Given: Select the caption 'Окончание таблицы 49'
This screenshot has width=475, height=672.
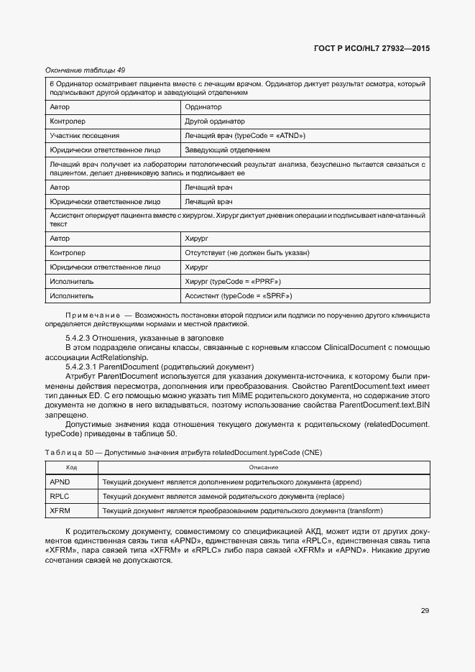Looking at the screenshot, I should (85, 70).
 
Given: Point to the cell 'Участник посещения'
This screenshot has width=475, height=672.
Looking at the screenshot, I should (84, 135).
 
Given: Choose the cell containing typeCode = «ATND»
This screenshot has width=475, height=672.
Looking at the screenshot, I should (245, 135).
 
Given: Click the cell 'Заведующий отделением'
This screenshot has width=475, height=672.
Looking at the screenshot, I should (227, 150).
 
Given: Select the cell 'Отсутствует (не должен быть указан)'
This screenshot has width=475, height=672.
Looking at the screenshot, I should (246, 252).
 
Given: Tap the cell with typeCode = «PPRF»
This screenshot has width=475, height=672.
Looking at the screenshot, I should (232, 281).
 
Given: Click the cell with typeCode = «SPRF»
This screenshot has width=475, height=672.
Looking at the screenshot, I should (238, 295).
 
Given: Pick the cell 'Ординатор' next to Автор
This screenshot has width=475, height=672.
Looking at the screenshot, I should (203, 106).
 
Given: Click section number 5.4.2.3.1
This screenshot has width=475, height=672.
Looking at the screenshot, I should (81, 367).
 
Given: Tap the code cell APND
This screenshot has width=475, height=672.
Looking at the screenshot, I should (60, 482).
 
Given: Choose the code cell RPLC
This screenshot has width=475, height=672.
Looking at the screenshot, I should (60, 496).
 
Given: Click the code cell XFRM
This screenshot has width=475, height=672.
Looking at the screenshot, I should (60, 511).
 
